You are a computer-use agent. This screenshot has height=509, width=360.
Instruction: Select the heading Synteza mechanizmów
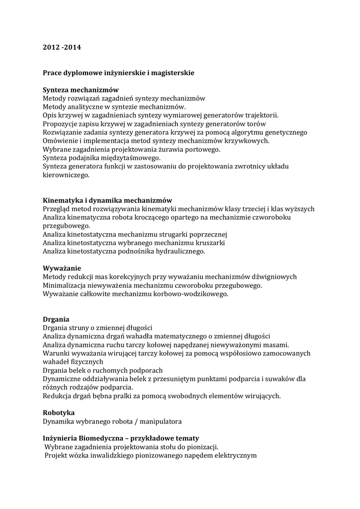pos(81,90)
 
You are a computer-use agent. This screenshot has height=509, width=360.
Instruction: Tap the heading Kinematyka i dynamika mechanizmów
pos(107,200)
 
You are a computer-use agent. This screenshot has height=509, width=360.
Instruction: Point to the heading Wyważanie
pos(62,268)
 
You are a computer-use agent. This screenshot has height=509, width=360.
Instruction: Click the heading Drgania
pos(56,319)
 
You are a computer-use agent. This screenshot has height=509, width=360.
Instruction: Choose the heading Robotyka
pos(59,413)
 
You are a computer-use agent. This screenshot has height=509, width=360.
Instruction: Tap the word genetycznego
pos(284,132)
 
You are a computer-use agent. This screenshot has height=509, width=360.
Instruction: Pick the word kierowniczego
pos(66,175)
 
